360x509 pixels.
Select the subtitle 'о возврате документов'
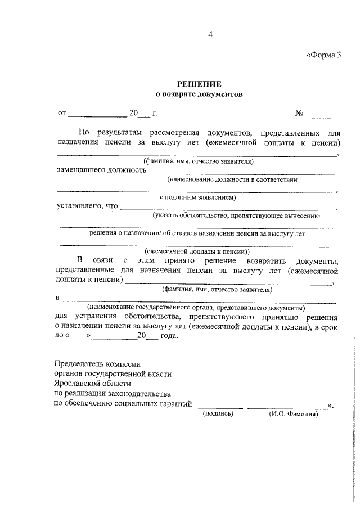199,94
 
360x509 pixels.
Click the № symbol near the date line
300,114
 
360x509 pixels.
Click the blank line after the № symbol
319,116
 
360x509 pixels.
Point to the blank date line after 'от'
97,116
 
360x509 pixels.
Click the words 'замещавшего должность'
101,170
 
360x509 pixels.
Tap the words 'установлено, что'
87,205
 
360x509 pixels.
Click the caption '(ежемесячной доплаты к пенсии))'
197,251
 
